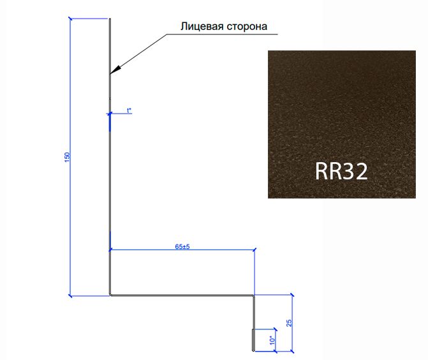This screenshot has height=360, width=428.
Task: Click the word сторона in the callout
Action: tap(247, 27)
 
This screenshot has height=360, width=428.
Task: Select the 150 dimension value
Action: tap(67, 157)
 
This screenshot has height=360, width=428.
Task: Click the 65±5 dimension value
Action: tap(182, 246)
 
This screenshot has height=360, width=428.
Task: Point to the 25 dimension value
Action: tap(289, 323)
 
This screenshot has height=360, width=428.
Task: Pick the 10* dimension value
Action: tap(272, 340)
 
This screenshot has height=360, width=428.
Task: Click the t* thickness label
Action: tap(129, 110)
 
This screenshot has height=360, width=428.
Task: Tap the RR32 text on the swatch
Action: tap(341, 171)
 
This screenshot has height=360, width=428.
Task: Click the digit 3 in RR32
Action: tap(348, 171)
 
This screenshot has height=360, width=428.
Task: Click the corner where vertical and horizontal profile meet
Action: tap(110, 295)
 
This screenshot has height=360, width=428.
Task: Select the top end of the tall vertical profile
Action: tap(110, 19)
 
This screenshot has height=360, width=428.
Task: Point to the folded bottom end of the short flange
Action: tap(254, 350)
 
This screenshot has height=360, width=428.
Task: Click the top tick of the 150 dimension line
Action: tap(70, 19)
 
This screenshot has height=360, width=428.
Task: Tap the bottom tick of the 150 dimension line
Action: tap(70, 296)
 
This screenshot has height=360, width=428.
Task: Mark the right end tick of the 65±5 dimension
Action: tap(255, 250)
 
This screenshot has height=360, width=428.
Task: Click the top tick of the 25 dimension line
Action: tap(292, 295)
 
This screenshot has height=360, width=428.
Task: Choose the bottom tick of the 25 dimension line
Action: tap(292, 352)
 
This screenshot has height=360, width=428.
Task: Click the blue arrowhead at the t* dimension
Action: tap(110, 113)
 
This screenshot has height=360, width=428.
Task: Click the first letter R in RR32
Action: tap(321, 171)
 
